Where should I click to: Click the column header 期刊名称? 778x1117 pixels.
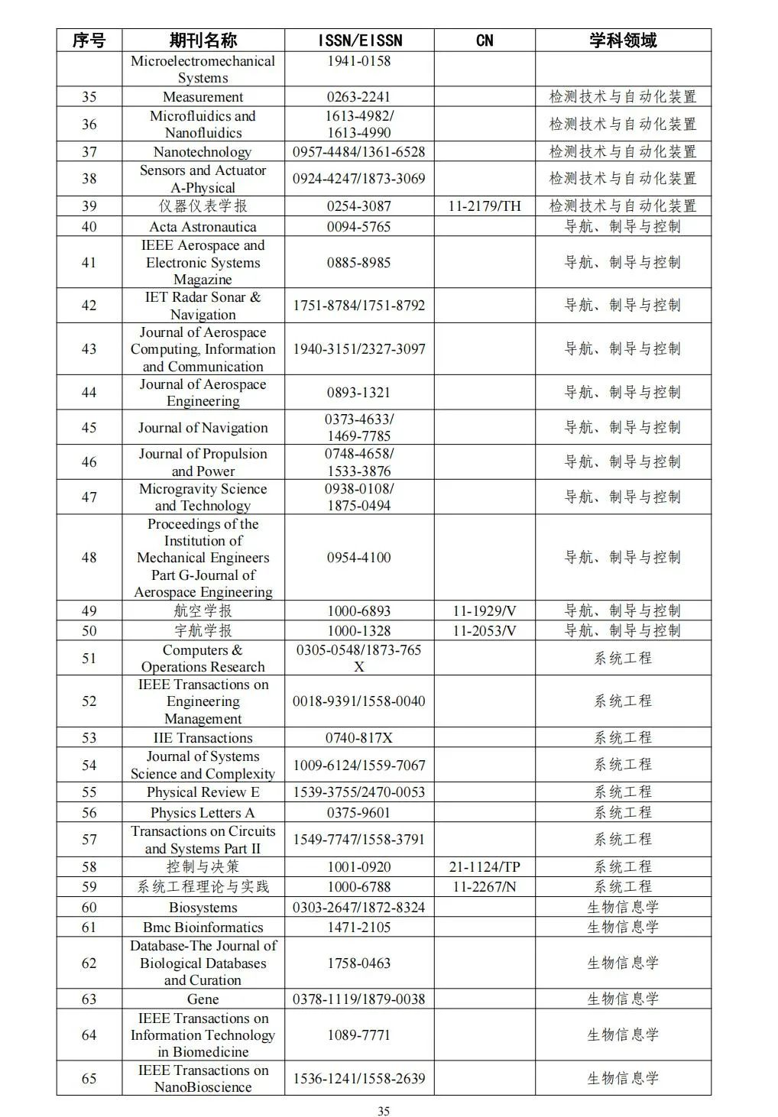[x=203, y=40]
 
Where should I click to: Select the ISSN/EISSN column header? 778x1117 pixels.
[x=359, y=40]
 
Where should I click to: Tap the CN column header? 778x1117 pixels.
[x=485, y=40]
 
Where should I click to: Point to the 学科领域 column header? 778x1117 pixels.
[x=622, y=40]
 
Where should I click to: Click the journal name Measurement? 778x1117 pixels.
[x=203, y=97]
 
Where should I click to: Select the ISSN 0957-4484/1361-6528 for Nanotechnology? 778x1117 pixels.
[x=359, y=152]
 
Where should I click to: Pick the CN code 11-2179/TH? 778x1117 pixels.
[x=485, y=206]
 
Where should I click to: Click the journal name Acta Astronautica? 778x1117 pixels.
[x=203, y=227]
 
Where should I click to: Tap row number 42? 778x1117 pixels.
[x=89, y=306]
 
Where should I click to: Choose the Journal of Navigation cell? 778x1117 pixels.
[x=203, y=428]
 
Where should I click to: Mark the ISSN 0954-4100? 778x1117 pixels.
[x=359, y=558]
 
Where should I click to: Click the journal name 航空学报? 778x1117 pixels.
[x=203, y=611]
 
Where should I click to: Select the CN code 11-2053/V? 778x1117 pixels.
[x=485, y=631]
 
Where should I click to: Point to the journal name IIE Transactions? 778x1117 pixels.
[x=203, y=738]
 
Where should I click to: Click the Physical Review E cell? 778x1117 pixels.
[x=203, y=792]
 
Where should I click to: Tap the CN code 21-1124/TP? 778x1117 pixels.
[x=485, y=867]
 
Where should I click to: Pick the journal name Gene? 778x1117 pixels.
[x=203, y=999]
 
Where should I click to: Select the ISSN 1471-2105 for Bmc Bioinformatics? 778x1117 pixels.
[x=359, y=928]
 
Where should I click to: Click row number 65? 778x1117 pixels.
[x=89, y=1079]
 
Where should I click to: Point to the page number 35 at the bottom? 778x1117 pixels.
[x=384, y=1111]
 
